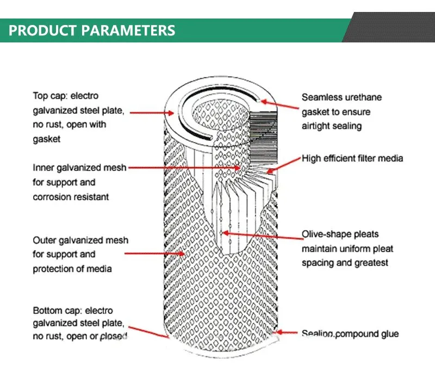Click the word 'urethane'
coord(364,97)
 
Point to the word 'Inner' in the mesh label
coord(43,168)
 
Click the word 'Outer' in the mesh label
coord(45,240)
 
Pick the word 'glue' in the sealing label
coord(388,333)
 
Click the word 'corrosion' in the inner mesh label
coord(52,196)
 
